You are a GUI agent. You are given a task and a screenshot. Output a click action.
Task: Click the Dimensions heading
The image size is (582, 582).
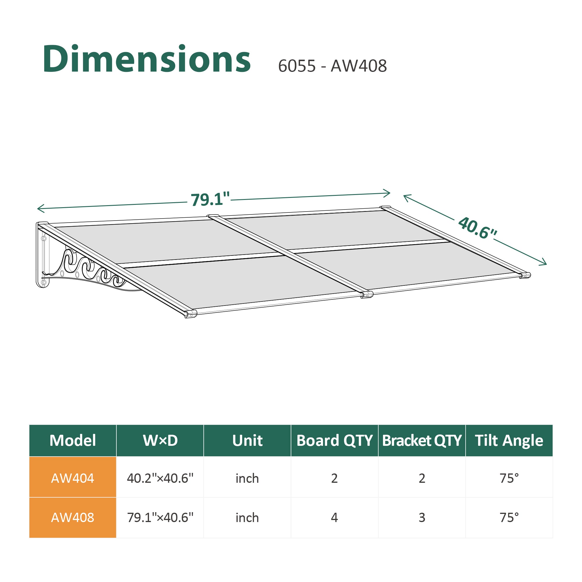[147, 59]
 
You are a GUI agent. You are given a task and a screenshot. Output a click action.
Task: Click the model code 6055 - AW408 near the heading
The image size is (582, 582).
[332, 66]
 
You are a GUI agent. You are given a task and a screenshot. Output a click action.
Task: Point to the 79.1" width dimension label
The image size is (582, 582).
[210, 199]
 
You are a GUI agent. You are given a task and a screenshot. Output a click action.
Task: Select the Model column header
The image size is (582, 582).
[72, 440]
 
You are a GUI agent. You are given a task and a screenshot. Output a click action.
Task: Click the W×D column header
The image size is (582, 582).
[160, 440]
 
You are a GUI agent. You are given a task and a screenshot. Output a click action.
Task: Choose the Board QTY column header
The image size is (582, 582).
[334, 440]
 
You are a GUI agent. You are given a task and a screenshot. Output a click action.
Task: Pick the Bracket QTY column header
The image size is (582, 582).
[422, 440]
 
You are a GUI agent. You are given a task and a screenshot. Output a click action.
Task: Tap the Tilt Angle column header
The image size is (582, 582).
[509, 440]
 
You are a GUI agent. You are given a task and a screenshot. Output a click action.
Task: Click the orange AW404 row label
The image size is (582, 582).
[72, 478]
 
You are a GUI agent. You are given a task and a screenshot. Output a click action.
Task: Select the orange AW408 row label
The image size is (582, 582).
[72, 517]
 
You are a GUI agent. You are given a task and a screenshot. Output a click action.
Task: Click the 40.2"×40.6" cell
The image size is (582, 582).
[160, 478]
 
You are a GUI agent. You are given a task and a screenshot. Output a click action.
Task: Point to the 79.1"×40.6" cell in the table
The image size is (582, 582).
[160, 517]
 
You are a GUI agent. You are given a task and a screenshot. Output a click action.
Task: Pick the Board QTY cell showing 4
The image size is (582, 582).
[334, 517]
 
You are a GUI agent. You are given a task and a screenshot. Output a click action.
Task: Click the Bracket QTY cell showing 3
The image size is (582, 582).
[422, 517]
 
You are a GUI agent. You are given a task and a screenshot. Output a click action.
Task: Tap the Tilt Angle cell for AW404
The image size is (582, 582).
[509, 478]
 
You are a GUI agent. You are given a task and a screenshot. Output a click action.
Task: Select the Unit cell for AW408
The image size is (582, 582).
[247, 517]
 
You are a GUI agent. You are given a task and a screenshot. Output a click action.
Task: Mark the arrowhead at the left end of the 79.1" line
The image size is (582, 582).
[39, 208]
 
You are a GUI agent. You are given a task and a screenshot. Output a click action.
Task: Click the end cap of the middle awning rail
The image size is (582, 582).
[367, 294]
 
